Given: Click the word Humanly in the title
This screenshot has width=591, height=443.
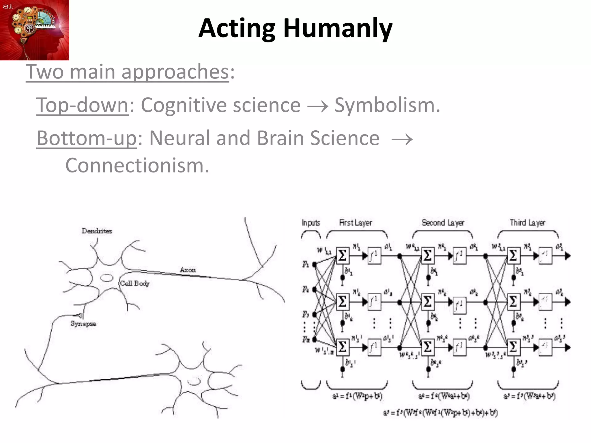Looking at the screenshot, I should (338, 28).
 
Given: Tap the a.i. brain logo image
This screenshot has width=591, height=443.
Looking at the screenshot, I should (34, 30).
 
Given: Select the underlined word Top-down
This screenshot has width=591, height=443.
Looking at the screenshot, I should (82, 105).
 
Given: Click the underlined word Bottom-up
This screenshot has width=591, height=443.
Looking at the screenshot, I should (86, 138).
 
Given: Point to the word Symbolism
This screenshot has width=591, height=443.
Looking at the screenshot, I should (387, 105).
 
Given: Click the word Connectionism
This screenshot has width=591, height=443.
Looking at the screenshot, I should (137, 166).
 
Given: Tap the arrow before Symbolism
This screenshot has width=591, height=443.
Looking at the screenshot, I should (317, 106).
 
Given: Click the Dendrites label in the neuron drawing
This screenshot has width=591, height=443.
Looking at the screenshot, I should (97, 231).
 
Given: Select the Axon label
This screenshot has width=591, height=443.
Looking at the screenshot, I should (188, 270).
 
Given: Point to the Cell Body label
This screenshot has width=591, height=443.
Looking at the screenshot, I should (135, 284).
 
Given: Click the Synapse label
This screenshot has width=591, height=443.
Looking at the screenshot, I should (83, 324).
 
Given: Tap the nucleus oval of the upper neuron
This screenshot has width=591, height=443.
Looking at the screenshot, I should (107, 278).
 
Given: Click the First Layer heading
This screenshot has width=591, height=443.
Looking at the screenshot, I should (355, 223).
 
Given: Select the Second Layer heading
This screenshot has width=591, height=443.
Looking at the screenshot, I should (443, 223).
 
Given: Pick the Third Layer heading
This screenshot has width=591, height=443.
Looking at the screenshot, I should (527, 223).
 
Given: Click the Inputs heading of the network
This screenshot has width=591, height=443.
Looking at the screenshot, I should (311, 223).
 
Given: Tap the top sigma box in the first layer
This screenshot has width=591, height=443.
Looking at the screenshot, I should (343, 256).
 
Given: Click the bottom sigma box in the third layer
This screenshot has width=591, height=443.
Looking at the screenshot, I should (513, 347).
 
